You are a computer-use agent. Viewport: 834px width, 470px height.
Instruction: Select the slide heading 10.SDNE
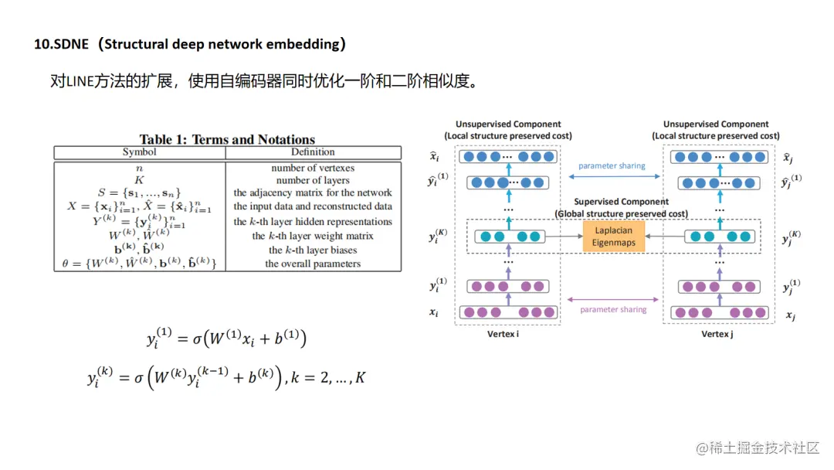pyautogui.click(x=190, y=44)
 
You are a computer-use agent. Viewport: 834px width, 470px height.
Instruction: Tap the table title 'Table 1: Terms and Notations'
pyautogui.click(x=227, y=140)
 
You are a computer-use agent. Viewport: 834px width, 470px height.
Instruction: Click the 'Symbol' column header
pyautogui.click(x=139, y=152)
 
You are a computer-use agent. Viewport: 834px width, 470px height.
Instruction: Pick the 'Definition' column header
pyautogui.click(x=313, y=152)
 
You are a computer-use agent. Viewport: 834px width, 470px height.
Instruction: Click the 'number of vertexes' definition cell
pyautogui.click(x=313, y=168)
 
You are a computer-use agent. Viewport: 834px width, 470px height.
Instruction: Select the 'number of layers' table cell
pyautogui.click(x=313, y=180)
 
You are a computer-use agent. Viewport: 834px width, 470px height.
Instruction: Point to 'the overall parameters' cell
pyautogui.click(x=313, y=264)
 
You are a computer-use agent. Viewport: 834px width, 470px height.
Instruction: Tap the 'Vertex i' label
pyautogui.click(x=503, y=334)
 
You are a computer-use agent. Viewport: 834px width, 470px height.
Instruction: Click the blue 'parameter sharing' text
pyautogui.click(x=612, y=165)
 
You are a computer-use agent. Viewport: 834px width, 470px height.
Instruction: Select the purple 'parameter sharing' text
pyautogui.click(x=613, y=309)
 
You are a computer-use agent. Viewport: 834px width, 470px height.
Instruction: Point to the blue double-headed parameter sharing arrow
pyautogui.click(x=612, y=177)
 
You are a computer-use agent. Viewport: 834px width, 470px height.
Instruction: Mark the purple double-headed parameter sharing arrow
pyautogui.click(x=613, y=298)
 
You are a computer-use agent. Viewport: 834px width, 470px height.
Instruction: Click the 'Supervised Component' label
pyautogui.click(x=621, y=202)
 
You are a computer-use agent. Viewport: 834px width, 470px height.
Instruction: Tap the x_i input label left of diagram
pyautogui.click(x=435, y=313)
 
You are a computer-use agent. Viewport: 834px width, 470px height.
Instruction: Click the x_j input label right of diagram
pyautogui.click(x=790, y=315)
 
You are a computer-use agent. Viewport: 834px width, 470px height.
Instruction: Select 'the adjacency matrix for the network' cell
pyautogui.click(x=313, y=193)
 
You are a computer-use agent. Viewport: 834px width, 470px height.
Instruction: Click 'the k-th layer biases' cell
pyautogui.click(x=313, y=250)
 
